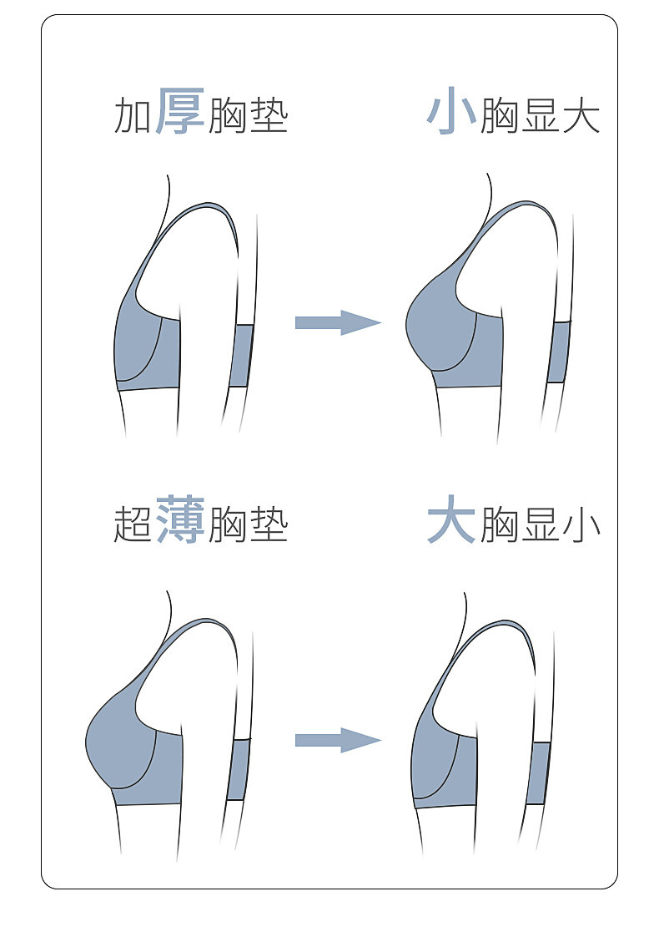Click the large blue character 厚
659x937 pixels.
[x=179, y=112]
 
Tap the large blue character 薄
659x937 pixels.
[x=179, y=519]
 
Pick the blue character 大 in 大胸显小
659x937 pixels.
[x=451, y=521]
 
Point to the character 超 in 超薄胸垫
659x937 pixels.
[x=132, y=524]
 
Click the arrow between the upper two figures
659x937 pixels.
[x=337, y=322]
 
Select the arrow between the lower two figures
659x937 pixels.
[x=337, y=740]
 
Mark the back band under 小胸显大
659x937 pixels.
[x=559, y=352]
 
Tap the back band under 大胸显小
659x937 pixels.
[x=538, y=772]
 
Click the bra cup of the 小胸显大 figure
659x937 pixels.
[x=438, y=330]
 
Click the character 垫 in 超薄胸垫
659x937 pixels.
[x=268, y=524]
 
